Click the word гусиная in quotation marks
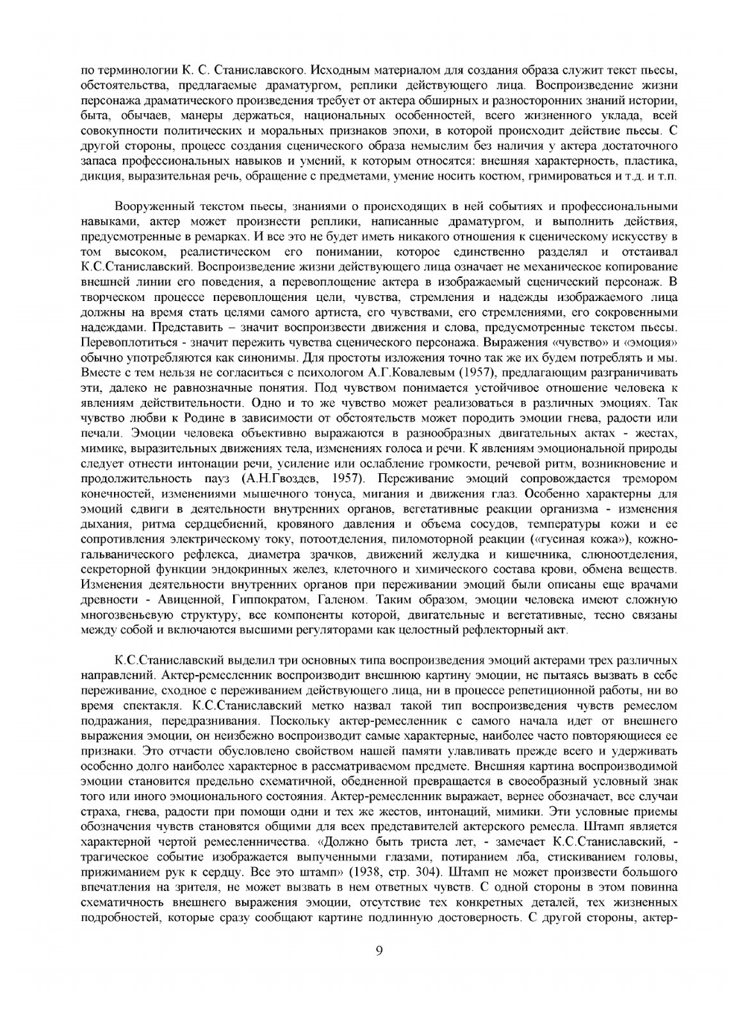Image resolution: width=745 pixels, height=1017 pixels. (555, 539)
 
